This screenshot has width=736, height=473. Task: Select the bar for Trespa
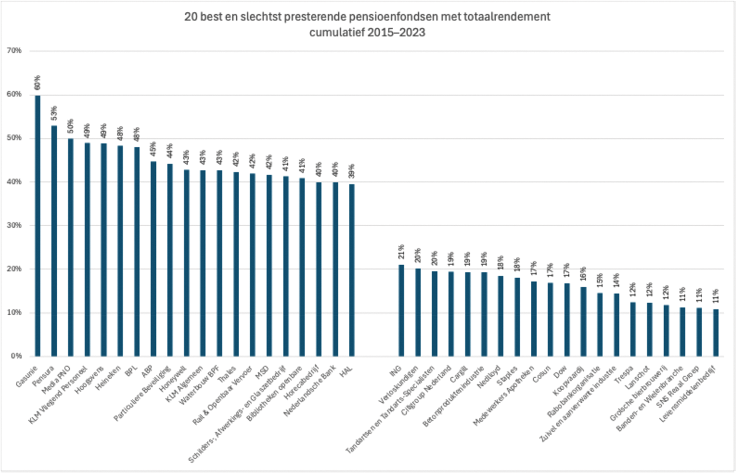pos(633,329)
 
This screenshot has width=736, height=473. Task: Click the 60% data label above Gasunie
pos(37,83)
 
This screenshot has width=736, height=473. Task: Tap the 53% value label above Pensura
pos(54,113)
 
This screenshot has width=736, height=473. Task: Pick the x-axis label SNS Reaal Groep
pos(688,379)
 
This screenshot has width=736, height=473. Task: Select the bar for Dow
pos(567,319)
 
